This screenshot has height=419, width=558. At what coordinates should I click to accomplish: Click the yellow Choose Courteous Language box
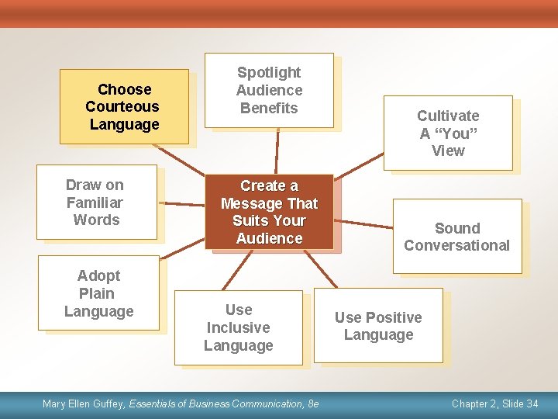tap(124, 107)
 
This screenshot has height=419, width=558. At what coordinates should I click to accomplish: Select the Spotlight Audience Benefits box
tap(268, 90)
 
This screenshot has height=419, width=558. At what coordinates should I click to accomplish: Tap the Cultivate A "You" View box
tap(448, 133)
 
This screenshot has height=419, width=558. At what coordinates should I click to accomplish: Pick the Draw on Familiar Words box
tap(97, 202)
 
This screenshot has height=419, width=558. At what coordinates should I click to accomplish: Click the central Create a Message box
tap(269, 212)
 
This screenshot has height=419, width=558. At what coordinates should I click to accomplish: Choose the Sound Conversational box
tap(456, 237)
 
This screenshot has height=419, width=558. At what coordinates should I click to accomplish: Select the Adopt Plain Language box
tap(98, 293)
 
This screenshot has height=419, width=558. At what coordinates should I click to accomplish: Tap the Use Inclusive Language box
tap(238, 327)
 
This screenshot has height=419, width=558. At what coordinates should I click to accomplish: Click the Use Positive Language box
tap(378, 326)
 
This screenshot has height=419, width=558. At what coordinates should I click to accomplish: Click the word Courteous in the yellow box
tap(122, 107)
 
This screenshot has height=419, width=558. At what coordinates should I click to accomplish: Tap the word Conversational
tap(456, 246)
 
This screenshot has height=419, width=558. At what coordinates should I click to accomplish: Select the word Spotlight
tap(269, 73)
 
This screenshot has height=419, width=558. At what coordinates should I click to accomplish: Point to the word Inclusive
tap(238, 327)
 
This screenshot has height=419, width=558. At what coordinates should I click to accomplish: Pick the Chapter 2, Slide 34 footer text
tap(494, 403)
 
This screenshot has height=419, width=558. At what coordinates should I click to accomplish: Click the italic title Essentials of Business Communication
tap(216, 403)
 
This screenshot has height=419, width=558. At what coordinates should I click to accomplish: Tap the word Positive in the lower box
tap(395, 317)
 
